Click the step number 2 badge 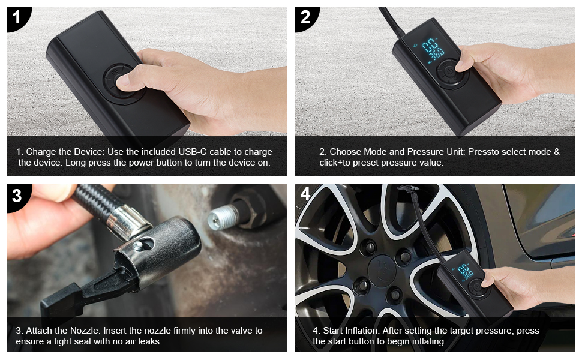pyautogui.click(x=305, y=17)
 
